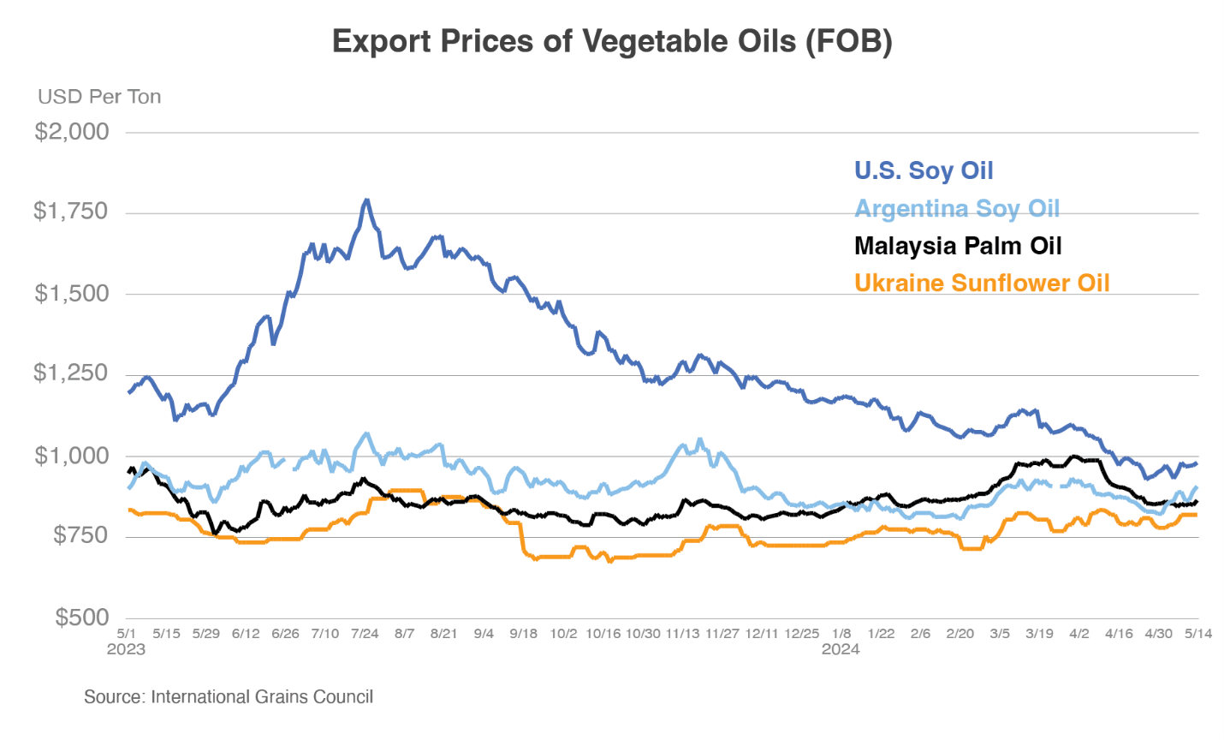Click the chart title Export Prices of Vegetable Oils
pos(612,41)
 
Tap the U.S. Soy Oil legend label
pos(924,170)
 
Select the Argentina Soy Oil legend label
pos(957,208)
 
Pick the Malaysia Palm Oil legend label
pos(958,246)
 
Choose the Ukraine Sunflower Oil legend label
pos(982,283)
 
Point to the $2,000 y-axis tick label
pos(72,131)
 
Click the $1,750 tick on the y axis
pos(71,211)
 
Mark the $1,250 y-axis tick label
pos(71,373)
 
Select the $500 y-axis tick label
pos(82,617)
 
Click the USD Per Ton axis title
pos(99,97)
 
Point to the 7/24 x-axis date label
pos(365,634)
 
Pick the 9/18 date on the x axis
pos(524,634)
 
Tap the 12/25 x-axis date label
pos(801,634)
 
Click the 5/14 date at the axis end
pos(1197,634)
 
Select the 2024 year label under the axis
pos(841,649)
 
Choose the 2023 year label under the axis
pos(126,649)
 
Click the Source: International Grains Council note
pos(229,697)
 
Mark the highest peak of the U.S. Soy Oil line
pos(366,200)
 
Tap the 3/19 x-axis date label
pos(1039,634)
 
